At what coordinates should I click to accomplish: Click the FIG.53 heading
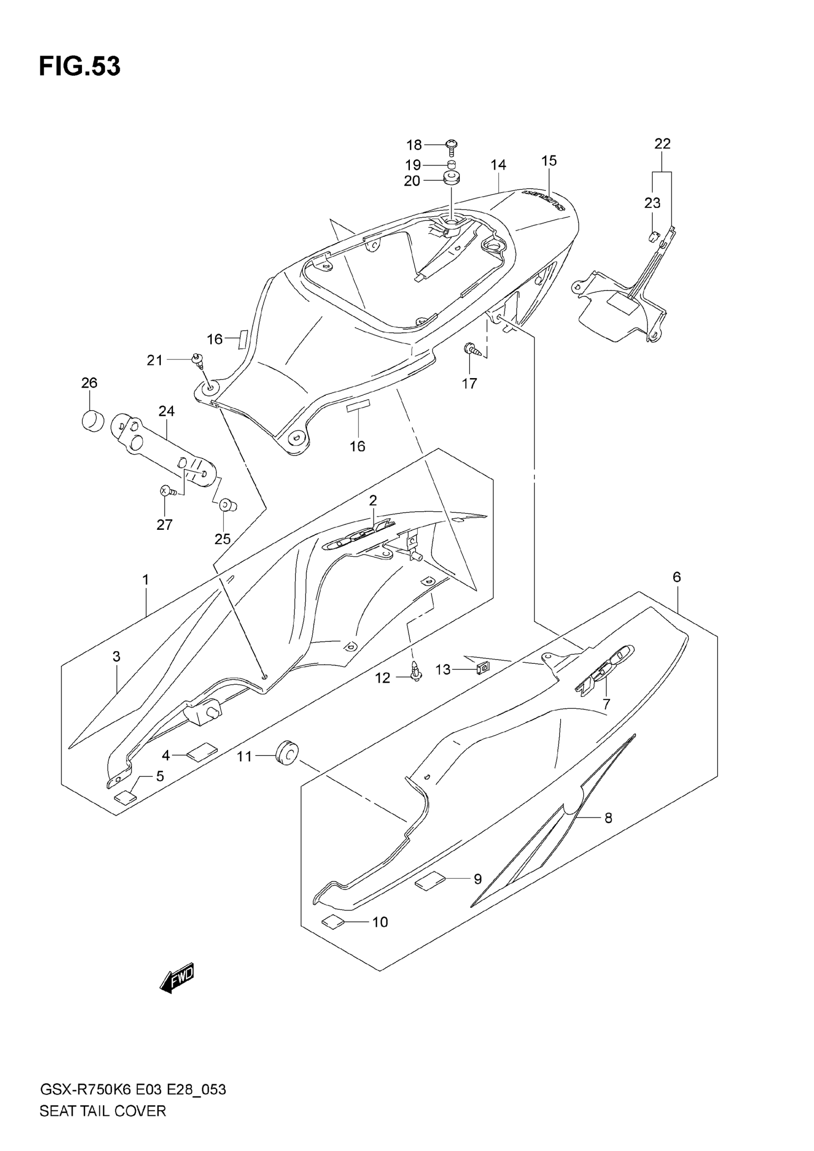[x=80, y=67]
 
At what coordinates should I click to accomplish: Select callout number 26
[x=89, y=383]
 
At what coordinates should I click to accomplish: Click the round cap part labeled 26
[x=92, y=420]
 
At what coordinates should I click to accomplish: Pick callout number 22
[x=662, y=144]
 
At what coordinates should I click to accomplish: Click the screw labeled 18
[x=452, y=146]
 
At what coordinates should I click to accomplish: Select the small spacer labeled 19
[x=452, y=165]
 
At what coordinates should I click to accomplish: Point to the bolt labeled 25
[x=226, y=505]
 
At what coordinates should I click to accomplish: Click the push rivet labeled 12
[x=415, y=674]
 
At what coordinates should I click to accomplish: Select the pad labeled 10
[x=333, y=921]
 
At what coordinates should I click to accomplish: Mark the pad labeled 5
[x=125, y=796]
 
